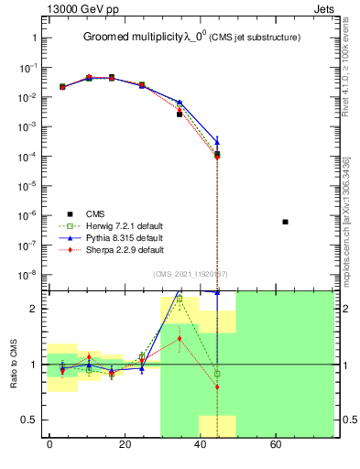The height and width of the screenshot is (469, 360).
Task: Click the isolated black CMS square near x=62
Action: [x=286, y=222]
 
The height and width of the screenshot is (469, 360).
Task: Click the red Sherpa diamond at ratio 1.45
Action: [x=180, y=338]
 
